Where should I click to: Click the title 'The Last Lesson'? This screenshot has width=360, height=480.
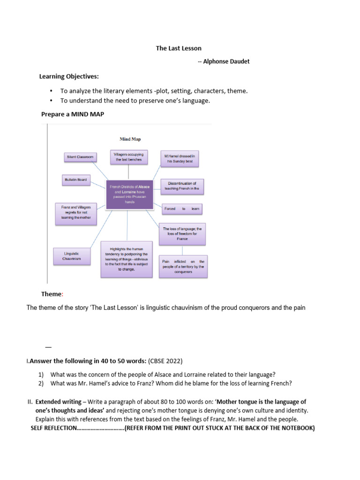pos(178,48)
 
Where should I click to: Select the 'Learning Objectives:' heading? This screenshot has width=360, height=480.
pos(69,76)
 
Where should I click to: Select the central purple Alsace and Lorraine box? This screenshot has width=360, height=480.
pos(129,194)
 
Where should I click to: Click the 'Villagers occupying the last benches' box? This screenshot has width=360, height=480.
pos(128,157)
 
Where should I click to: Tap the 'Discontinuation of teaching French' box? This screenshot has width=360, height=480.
pos(182,186)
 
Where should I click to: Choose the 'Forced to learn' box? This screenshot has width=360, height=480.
pos(182,209)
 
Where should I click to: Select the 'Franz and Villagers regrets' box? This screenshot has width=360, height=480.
pos(75,212)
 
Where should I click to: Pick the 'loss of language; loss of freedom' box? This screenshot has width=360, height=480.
pos(182,233)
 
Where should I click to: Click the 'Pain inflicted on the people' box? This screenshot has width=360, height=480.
pos(183,266)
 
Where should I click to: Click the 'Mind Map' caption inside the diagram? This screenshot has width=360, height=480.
pos(130,139)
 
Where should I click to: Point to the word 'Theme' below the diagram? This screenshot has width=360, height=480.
pos(51,294)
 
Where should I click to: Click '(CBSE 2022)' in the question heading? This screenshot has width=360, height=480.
pos(165,361)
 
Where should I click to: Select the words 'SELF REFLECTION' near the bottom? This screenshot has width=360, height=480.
pos(53,428)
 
